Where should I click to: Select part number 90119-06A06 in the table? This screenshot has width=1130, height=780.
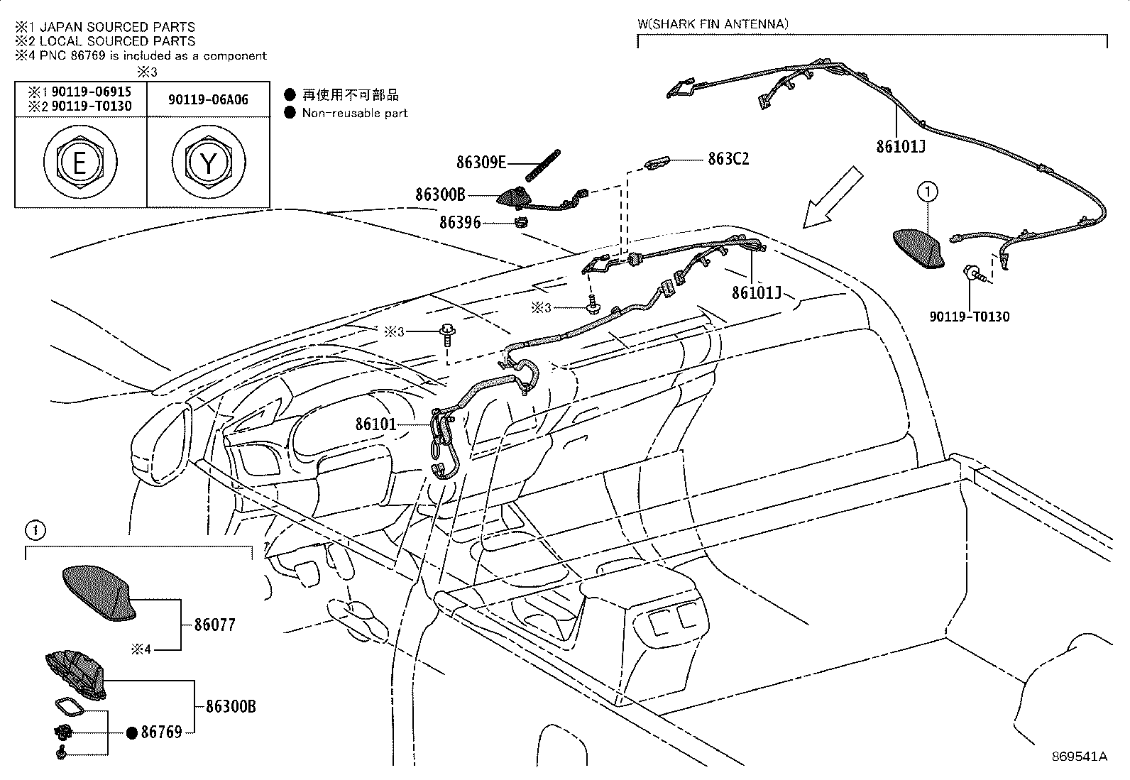coord(208,100)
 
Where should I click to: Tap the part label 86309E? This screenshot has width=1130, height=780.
coord(481,163)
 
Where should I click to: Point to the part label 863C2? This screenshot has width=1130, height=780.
coord(728,158)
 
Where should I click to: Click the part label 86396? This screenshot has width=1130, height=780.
coord(459,222)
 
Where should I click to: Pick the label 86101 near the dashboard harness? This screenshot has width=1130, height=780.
coord(375,424)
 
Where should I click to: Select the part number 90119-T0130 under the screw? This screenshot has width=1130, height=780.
coord(969,317)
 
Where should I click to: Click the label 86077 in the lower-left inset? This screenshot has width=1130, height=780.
coord(214,625)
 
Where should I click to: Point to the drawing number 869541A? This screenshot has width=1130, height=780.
coord(1079,757)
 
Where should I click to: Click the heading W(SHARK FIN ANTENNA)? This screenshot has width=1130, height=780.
coord(713,24)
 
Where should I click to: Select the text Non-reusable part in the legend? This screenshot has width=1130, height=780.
coord(355,113)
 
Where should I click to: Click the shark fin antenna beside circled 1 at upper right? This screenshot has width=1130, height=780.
coord(918,248)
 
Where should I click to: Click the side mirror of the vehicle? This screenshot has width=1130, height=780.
coord(160,443)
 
